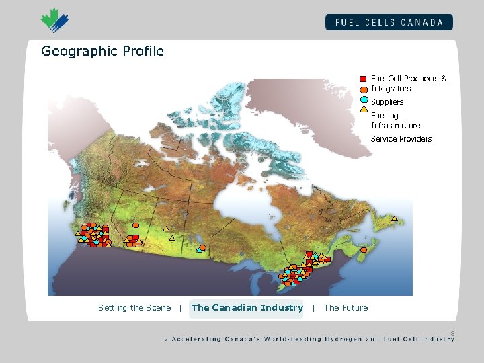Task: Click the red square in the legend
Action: click(x=363, y=79)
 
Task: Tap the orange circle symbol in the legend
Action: click(x=363, y=89)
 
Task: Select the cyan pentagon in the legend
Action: click(x=363, y=99)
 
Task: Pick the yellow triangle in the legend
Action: click(x=363, y=108)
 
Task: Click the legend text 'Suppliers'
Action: click(x=387, y=102)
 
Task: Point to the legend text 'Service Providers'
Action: click(x=401, y=139)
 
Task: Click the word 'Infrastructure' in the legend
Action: click(x=395, y=126)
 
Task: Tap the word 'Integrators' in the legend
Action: click(x=391, y=89)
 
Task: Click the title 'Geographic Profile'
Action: click(x=102, y=51)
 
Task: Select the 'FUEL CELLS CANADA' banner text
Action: click(x=389, y=22)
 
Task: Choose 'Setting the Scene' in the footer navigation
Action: click(x=134, y=308)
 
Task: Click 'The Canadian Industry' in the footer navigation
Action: click(x=247, y=308)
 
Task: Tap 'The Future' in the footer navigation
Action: click(x=346, y=308)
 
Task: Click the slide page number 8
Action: click(x=452, y=333)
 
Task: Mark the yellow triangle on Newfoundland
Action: click(x=395, y=219)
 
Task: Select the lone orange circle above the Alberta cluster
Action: click(x=136, y=225)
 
